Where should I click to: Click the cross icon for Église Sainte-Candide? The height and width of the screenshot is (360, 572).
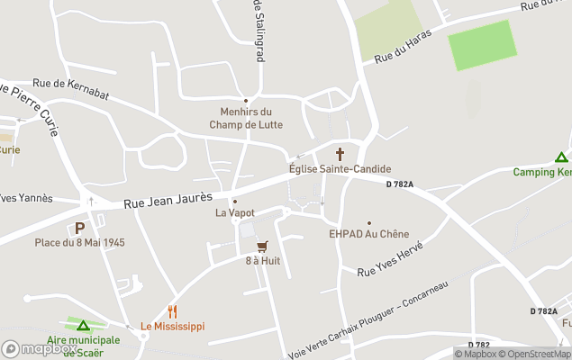(340, 154)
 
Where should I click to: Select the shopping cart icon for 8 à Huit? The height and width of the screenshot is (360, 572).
(262, 246)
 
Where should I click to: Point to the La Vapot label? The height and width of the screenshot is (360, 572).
(234, 213)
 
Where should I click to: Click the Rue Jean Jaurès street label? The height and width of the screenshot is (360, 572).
(168, 199)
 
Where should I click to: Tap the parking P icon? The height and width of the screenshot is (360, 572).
(79, 229)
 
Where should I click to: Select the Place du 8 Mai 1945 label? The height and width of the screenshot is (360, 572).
(79, 243)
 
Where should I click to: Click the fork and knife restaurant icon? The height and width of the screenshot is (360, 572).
(172, 311)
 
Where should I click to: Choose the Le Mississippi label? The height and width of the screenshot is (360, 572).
(172, 326)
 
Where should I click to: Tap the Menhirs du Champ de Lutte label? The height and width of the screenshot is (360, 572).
(246, 119)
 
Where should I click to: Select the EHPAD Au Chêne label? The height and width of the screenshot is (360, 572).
(368, 234)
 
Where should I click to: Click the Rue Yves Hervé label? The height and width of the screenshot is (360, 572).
(389, 261)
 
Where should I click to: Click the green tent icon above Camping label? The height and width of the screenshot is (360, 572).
(561, 157)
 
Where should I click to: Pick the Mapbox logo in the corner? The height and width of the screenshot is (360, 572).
(38, 349)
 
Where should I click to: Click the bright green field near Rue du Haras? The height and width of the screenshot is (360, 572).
(483, 45)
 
